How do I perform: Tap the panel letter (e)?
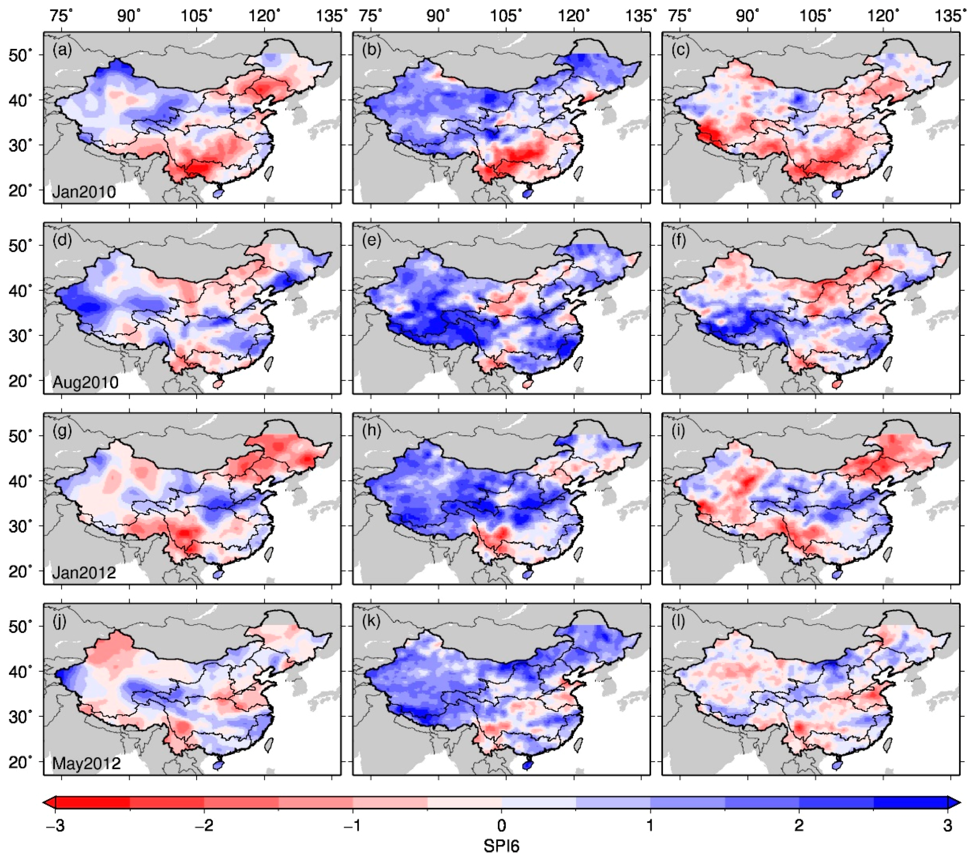point(371,240)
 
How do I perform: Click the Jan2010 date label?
point(84,192)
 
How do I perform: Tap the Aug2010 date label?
point(86,382)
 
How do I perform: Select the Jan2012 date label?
point(84,572)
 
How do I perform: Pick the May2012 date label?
point(86,763)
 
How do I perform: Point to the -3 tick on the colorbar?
point(55,825)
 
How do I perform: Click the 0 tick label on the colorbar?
point(502,825)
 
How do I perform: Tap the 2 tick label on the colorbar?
point(799,825)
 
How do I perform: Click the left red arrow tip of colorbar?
point(45,803)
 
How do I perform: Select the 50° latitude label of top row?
point(20,55)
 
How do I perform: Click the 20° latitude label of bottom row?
point(20,762)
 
